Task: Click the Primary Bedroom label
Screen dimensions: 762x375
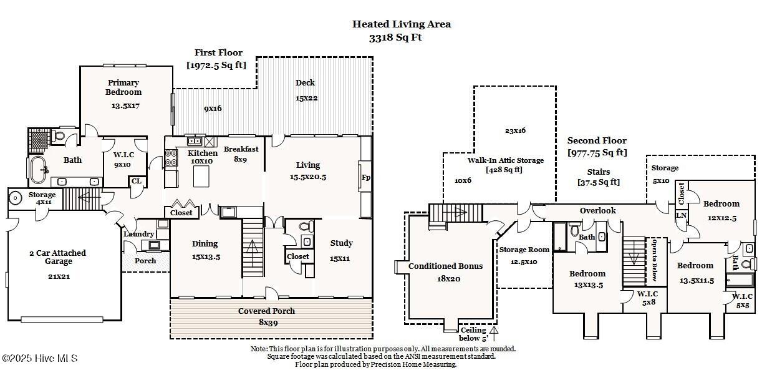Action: [x=123, y=87]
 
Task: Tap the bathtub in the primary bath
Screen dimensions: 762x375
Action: [x=39, y=170]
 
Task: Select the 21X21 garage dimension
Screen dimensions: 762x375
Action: [x=59, y=276]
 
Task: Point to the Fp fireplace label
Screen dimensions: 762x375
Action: [x=366, y=177]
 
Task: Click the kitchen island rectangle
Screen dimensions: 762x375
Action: [x=201, y=176]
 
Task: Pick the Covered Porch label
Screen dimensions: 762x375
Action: [x=266, y=311]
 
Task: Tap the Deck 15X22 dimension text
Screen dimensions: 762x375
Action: [x=307, y=98]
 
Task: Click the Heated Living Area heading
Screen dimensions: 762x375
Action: [x=402, y=24]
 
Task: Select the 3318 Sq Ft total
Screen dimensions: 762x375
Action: [x=395, y=37]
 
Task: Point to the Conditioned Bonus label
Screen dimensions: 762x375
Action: [x=446, y=266]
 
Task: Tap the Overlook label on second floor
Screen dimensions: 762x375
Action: [x=598, y=211]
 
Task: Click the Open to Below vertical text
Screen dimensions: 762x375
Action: [x=654, y=260]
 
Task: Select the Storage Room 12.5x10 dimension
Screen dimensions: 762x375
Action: [x=524, y=261]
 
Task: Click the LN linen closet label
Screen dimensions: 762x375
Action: [x=681, y=215]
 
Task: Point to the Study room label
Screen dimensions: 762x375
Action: [x=342, y=243]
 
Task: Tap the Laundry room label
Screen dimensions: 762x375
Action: [x=139, y=234]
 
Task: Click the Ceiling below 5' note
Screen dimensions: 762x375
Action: [x=473, y=334]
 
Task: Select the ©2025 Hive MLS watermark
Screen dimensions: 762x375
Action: [x=40, y=358]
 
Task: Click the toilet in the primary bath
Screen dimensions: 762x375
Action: [x=59, y=135]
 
